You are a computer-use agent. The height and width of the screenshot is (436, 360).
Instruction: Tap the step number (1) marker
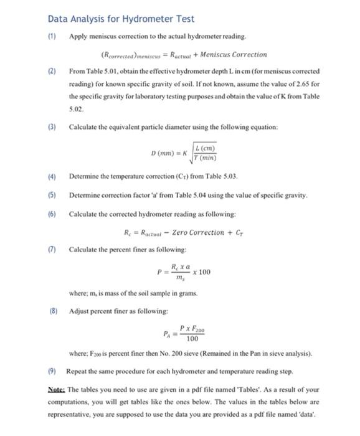point(53,37)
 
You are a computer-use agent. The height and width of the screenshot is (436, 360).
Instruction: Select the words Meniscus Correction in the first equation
point(235,55)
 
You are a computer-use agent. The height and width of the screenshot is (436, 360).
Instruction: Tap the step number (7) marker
point(53,250)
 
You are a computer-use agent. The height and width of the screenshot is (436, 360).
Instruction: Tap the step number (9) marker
point(53,371)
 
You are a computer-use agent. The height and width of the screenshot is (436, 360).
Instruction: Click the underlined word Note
point(57,389)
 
